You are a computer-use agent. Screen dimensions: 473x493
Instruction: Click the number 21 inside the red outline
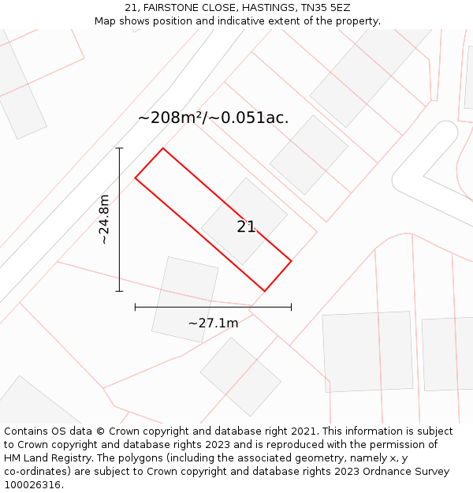click(x=246, y=227)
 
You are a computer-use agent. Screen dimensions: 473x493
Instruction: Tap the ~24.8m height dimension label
click(x=104, y=219)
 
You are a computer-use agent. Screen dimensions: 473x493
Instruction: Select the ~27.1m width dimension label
click(x=213, y=323)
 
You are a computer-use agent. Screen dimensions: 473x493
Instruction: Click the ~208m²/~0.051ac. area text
click(x=213, y=118)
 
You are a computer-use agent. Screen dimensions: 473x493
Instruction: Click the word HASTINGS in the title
click(x=270, y=8)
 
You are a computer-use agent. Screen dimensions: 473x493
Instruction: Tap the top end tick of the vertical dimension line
click(x=119, y=148)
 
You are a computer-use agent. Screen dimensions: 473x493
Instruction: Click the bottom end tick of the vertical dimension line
click(x=119, y=291)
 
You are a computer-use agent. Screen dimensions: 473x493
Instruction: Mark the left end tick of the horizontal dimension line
click(x=136, y=307)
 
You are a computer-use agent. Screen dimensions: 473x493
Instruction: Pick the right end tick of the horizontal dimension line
click(x=291, y=307)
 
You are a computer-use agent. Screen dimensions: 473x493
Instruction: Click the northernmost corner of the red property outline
click(x=163, y=148)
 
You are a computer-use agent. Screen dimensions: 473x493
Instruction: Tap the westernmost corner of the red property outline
click(x=136, y=178)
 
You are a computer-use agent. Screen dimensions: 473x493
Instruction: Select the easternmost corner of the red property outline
click(x=291, y=261)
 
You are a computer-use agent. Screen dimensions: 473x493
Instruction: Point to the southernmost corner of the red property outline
click(x=264, y=291)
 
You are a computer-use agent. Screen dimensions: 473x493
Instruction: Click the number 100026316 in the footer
click(x=32, y=485)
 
